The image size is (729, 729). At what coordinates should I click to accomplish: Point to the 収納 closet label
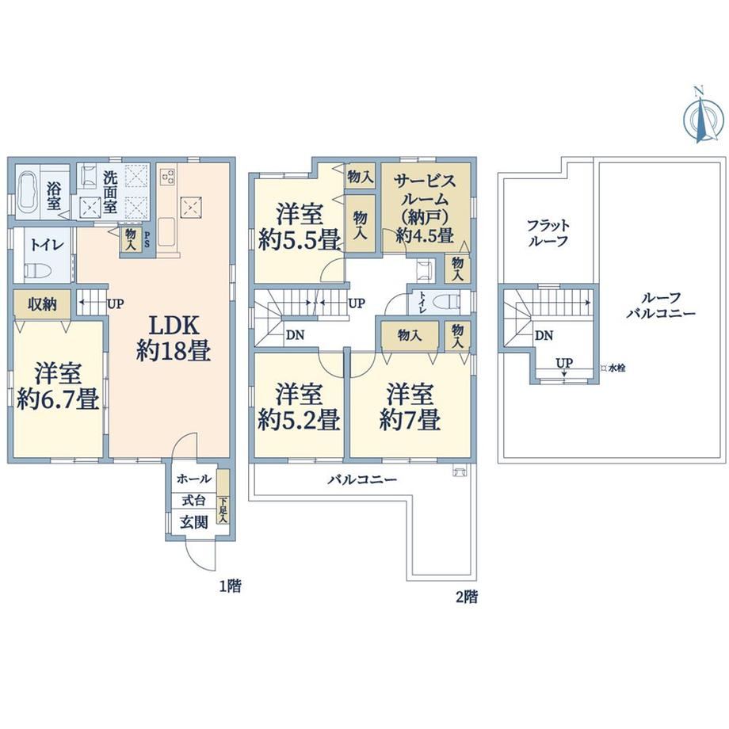(42, 304)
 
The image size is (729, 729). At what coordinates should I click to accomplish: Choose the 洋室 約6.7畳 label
(58, 386)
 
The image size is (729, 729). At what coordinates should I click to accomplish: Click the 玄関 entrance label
(194, 522)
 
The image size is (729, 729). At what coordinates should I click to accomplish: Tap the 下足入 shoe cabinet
(223, 497)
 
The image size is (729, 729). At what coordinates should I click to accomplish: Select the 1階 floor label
(230, 586)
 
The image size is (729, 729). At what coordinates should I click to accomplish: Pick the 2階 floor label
(466, 597)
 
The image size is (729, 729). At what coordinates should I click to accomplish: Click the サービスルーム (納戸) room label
(425, 208)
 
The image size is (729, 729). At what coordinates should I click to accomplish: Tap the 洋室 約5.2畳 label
(299, 406)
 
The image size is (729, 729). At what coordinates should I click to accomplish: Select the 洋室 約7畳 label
(410, 406)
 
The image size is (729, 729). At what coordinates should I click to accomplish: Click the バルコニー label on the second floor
(362, 479)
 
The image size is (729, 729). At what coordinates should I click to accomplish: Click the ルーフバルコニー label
(661, 305)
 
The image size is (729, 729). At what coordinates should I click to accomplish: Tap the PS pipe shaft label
(147, 239)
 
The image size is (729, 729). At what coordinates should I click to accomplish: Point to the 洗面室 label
(110, 191)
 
